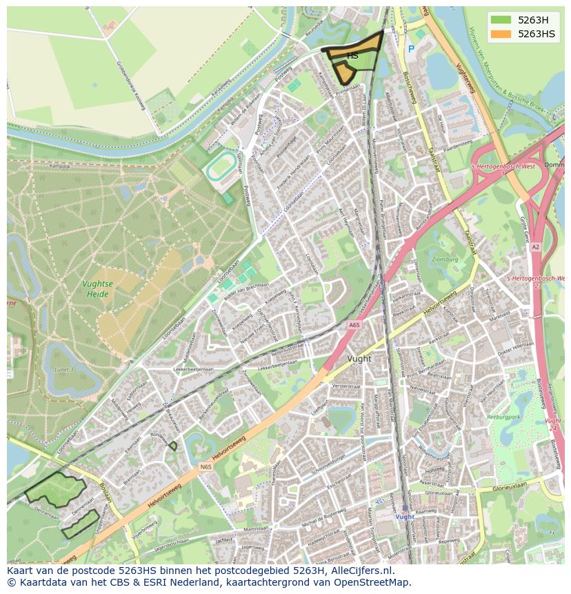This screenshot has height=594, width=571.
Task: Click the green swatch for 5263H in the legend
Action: point(501,20)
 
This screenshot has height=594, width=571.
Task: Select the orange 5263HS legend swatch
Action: point(501,34)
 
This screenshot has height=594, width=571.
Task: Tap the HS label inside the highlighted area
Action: point(352,55)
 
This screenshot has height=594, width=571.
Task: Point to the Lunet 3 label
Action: point(63,369)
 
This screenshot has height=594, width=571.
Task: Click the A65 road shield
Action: point(354,324)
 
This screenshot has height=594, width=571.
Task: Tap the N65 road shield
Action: point(206,467)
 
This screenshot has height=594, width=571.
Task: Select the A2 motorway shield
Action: point(536,246)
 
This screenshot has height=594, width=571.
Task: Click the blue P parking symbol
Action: point(411,49)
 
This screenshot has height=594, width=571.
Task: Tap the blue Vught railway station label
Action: point(405,517)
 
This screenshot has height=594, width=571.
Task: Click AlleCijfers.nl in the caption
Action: point(360,571)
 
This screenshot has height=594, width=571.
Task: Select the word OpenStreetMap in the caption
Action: point(374,582)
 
